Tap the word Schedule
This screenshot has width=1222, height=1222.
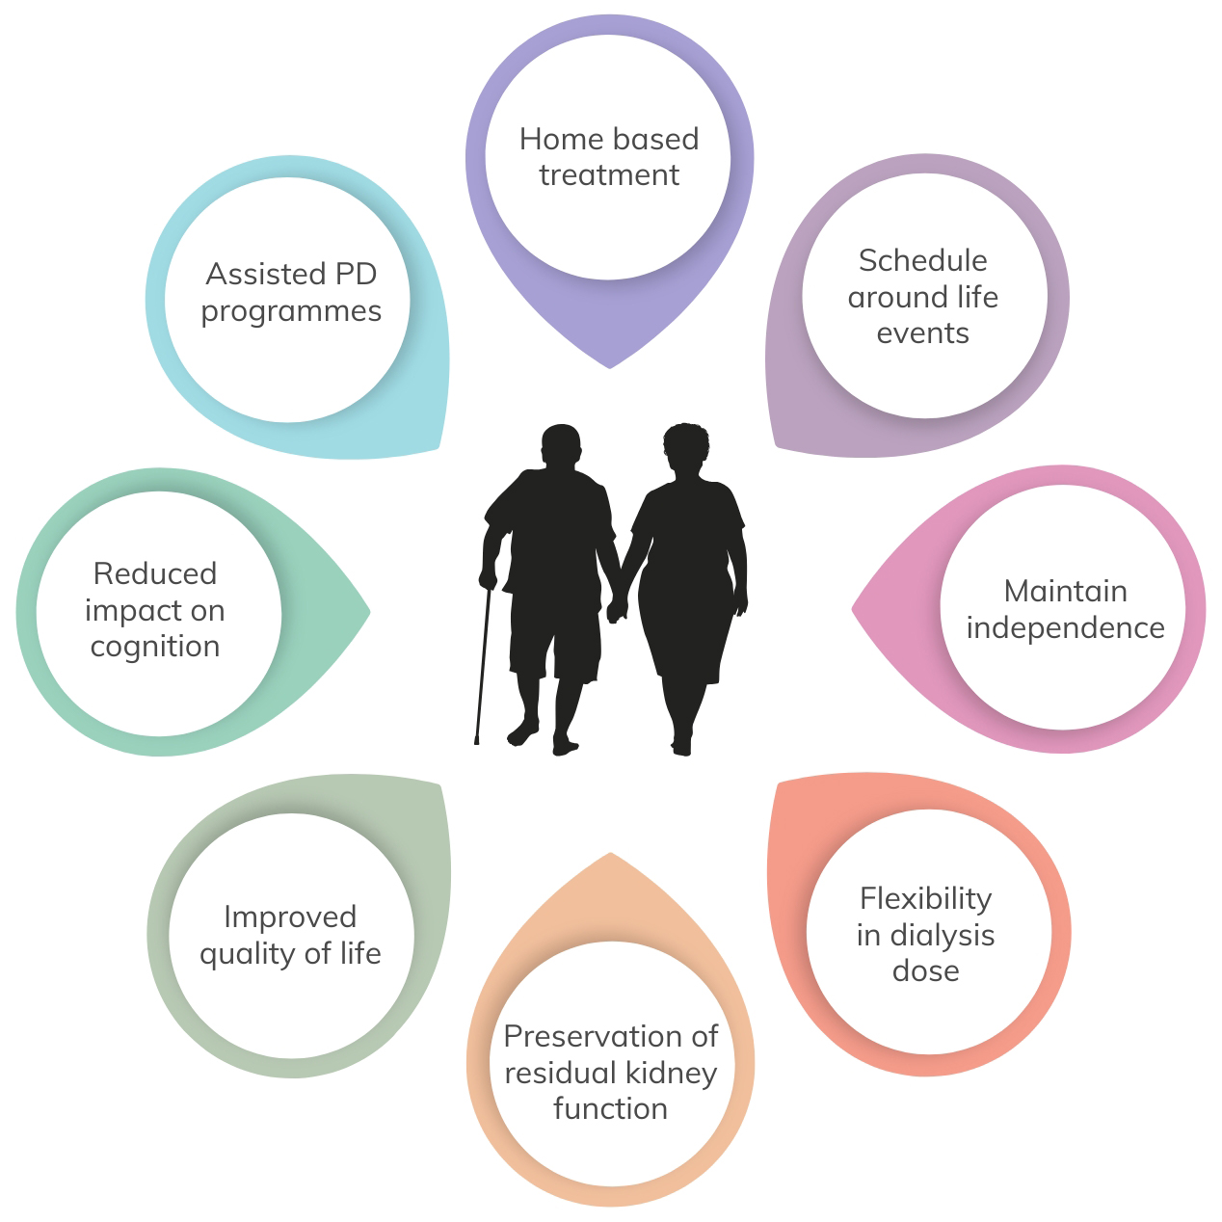[x=922, y=260]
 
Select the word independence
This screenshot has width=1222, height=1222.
[x=1065, y=628]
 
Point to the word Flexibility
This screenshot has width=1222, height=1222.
[x=926, y=900]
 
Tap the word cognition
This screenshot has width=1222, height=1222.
[x=155, y=648]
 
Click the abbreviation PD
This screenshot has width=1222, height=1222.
[x=356, y=275]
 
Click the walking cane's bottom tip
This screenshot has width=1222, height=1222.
[x=477, y=743]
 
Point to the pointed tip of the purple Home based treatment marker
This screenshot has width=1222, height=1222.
[x=610, y=368]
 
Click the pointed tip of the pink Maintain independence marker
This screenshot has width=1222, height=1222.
[x=853, y=609]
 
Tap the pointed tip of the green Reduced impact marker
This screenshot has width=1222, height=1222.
[x=369, y=612]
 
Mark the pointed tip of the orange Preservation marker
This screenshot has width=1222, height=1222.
[x=611, y=854]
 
